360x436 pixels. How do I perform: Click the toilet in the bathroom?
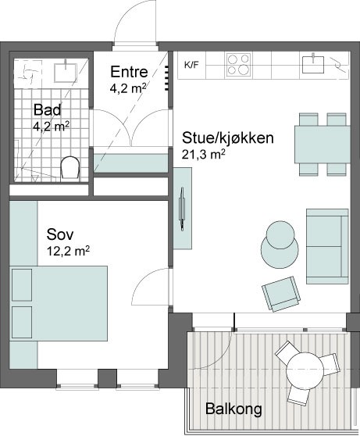tap(70, 167)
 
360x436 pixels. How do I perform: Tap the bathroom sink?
tap(66, 73)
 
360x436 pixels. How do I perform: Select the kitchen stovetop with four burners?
tap(238, 65)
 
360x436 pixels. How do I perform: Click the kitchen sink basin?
tap(313, 64)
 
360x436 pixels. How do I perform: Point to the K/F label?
tap(191, 66)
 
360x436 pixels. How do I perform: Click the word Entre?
tap(129, 72)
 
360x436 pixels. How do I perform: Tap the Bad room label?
tap(48, 110)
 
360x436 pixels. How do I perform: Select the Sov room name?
tap(60, 234)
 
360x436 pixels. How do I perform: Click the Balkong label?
tap(233, 409)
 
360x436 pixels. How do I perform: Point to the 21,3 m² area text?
tap(203, 155)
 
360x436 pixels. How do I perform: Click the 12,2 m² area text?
tap(68, 251)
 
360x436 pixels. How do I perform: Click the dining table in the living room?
tap(323, 145)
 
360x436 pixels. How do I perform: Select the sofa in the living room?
tap(327, 246)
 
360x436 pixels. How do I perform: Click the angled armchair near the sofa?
tap(281, 294)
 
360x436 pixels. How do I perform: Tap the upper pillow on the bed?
tap(22, 284)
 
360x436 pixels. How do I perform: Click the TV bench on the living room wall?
tap(183, 209)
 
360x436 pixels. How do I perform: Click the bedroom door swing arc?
tap(144, 281)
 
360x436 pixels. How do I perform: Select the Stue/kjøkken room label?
tap(228, 138)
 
